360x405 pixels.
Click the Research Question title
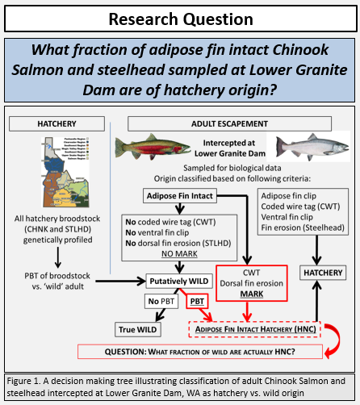pyautogui.click(x=180, y=19)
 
